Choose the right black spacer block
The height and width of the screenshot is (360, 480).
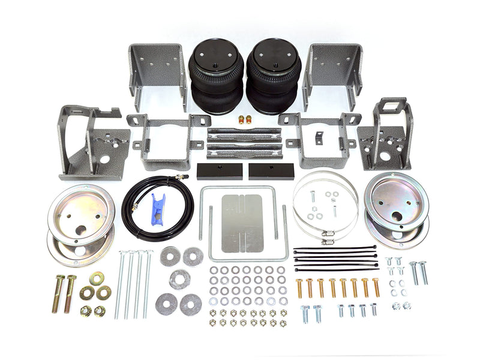point(271,172)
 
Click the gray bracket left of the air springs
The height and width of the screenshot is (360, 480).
point(157,69)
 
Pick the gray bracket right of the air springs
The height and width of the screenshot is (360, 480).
point(333,69)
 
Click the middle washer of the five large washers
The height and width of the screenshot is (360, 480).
point(179,279)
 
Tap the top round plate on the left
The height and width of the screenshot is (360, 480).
point(81,207)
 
